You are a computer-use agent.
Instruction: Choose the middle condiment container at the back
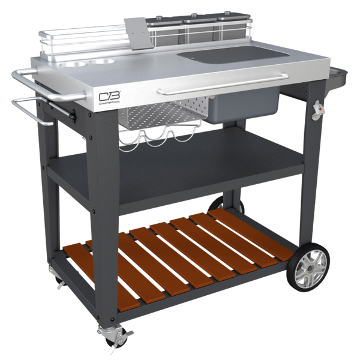click(195, 21)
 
